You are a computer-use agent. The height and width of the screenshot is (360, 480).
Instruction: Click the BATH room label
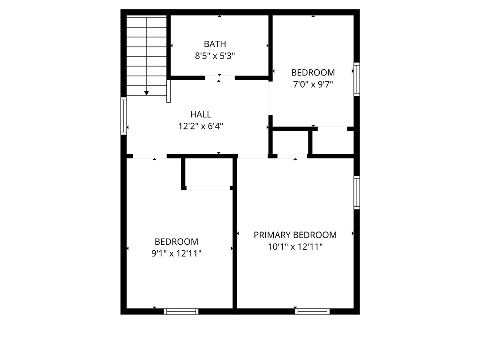215,44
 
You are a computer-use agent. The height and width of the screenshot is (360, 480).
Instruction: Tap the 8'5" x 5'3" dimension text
215,56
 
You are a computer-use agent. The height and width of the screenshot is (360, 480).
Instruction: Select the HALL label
201,114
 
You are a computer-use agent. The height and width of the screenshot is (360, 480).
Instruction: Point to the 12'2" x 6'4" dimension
201,126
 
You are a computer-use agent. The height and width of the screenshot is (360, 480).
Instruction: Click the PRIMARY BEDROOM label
295,235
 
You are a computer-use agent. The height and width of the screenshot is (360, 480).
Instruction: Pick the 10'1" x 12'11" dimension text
295,247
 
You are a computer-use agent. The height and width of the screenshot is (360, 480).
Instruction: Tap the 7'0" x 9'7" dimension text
313,84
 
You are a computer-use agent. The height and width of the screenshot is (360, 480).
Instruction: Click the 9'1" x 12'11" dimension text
176,254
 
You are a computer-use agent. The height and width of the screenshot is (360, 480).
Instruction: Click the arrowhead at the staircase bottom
147,93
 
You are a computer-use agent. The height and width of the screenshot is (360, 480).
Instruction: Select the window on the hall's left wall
123,116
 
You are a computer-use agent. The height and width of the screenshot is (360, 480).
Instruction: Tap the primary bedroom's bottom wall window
312,311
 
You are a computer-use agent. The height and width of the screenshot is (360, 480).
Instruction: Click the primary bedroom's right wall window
357,192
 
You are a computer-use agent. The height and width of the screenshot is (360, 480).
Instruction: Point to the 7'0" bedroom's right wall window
357,79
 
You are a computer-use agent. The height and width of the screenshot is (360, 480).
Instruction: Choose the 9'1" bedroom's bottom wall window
181,311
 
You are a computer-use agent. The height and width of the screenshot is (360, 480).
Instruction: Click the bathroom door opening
220,78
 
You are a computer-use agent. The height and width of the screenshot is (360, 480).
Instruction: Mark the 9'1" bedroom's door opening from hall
150,156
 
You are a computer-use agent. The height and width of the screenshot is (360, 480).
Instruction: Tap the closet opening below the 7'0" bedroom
332,129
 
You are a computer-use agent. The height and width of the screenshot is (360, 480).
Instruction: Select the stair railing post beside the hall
168,91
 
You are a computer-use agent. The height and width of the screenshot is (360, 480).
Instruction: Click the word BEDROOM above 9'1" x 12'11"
176,242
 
